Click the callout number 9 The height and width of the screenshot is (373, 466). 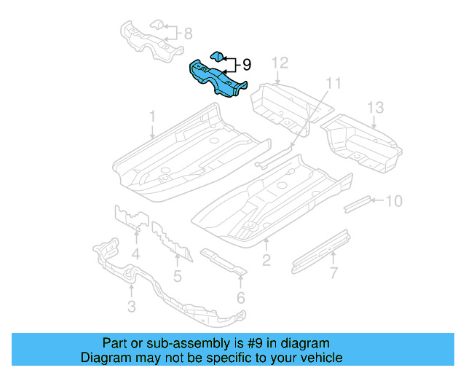pos(246,65)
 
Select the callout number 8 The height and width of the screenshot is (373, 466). pos(187,33)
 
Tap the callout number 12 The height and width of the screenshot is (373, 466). pos(281,63)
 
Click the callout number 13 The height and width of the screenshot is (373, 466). pos(374,109)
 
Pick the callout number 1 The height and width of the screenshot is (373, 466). pos(153,116)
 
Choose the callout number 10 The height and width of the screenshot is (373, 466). pos(392,200)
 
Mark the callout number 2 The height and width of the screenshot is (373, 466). pos(266,260)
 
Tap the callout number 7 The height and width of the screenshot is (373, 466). pos(333,273)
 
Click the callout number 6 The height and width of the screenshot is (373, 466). pos(240,297)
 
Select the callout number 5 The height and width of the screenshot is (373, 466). pos(177,275)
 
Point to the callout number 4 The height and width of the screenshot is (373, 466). pos(135,254)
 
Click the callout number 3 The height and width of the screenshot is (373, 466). pos(131,307)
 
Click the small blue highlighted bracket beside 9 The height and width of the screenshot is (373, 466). pos(218,55)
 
